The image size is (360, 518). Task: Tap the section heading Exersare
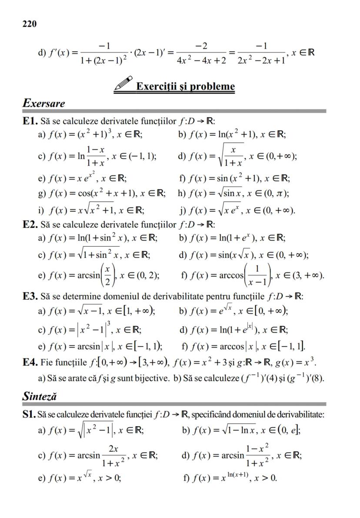pyautogui.click(x=43, y=104)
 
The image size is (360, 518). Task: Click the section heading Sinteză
pyautogui.click(x=40, y=396)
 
